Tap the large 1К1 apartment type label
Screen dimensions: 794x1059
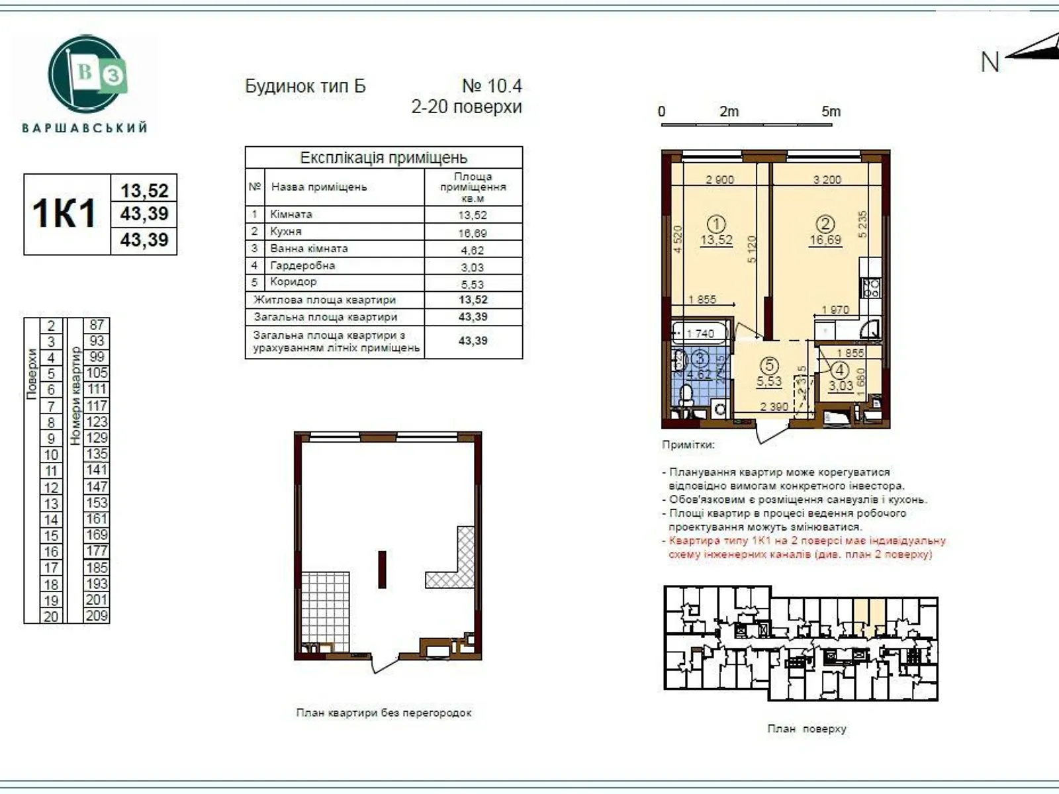[x=65, y=214]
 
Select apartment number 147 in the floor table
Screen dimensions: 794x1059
[x=97, y=486]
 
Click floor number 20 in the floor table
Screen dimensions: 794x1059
[x=51, y=617]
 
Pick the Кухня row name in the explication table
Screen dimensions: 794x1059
[x=286, y=232]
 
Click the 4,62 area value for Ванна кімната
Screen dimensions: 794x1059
[x=473, y=250]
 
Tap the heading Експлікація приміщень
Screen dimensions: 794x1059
[x=383, y=157]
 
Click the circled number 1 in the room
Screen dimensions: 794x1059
[x=716, y=224]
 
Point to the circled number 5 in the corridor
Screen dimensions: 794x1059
[x=769, y=365]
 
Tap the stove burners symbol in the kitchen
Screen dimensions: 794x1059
[x=871, y=287]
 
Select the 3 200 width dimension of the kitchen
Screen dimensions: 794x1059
[x=827, y=179]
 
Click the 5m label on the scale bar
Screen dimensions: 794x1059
[x=831, y=111]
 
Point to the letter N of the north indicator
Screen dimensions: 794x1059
[x=990, y=62]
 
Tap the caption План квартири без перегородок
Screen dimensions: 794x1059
[x=384, y=713]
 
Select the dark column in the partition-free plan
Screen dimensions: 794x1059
[x=382, y=569]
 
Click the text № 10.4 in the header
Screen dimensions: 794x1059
[x=491, y=86]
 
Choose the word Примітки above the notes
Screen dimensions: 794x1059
[x=688, y=445]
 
